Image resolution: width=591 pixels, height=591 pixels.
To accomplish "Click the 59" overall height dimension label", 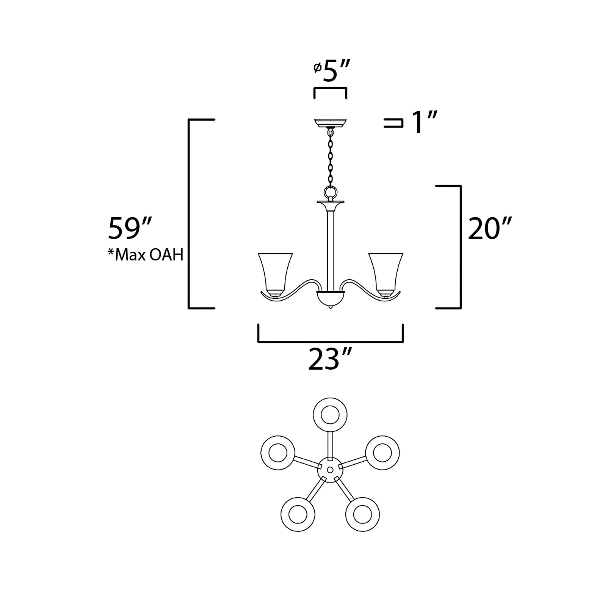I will [x=130, y=228].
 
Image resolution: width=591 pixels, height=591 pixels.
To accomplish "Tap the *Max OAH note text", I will [x=145, y=255].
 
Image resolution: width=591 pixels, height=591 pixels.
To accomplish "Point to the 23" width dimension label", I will [x=329, y=360].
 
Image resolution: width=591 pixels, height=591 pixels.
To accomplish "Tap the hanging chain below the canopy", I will [x=330, y=159].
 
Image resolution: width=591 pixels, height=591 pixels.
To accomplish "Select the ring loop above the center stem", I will [x=330, y=193].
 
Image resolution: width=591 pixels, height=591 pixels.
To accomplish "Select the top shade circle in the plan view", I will [x=330, y=415].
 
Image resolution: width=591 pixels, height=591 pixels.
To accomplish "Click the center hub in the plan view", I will [x=330, y=470].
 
